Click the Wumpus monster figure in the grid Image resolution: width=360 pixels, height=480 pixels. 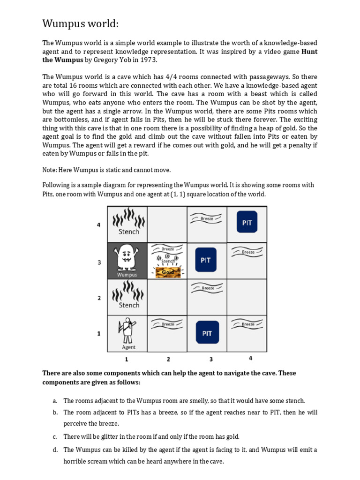click(127, 257)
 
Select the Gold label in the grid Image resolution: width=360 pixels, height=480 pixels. click(168, 272)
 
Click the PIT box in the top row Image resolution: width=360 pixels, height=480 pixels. click(247, 223)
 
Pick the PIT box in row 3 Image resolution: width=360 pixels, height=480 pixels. click(206, 260)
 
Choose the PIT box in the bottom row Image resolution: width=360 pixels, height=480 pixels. click(207, 333)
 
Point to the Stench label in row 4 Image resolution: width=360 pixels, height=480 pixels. click(129, 232)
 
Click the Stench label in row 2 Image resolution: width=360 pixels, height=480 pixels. click(129, 305)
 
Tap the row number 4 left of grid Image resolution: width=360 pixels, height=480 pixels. click(99, 225)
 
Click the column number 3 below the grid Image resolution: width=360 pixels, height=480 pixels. click(211, 360)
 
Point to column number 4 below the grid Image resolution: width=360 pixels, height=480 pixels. click(250, 359)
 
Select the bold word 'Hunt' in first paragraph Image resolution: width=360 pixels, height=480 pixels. click(309, 52)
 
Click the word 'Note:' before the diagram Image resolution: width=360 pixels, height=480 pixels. click(50, 170)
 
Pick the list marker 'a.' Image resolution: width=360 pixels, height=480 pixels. click(55, 401)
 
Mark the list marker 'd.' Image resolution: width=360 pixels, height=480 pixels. click(55, 450)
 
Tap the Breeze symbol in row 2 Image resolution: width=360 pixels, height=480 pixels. click(208, 288)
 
